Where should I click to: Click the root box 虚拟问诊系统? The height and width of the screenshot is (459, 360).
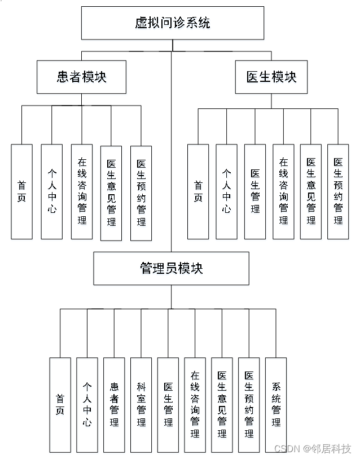click(172, 23)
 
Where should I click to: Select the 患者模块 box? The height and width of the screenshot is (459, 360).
click(81, 77)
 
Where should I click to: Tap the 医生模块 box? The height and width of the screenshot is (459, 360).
click(271, 77)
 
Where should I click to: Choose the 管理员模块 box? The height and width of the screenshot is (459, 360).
click(171, 268)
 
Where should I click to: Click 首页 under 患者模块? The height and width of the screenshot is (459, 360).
click(21, 191)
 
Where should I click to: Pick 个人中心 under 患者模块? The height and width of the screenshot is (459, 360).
click(52, 191)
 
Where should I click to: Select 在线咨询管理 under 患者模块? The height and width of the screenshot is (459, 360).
click(82, 191)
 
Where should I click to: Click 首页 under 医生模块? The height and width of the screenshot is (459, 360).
click(198, 191)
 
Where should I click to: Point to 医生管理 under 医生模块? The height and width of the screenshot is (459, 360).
click(255, 191)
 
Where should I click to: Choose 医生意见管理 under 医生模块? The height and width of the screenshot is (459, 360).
click(311, 191)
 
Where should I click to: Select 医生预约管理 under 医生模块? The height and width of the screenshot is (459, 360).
click(338, 191)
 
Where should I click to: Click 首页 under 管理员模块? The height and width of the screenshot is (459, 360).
click(60, 405)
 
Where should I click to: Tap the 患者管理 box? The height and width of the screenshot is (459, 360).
click(114, 405)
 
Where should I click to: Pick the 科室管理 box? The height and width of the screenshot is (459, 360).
click(141, 405)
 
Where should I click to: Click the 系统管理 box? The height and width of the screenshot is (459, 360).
click(276, 405)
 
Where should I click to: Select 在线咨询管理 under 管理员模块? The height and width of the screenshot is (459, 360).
click(195, 405)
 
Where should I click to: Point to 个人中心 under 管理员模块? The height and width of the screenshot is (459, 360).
click(87, 405)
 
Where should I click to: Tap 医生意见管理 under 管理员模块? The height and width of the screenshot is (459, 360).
click(222, 405)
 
